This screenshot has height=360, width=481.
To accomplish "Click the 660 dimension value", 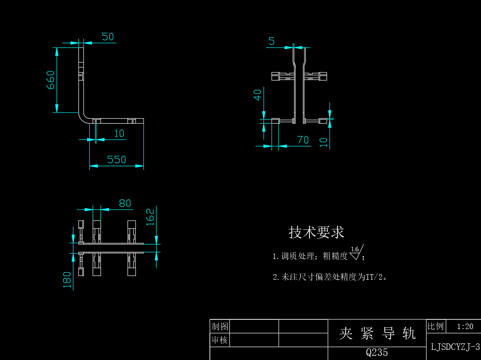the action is point(50,80).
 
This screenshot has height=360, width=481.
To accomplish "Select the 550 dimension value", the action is point(117,160).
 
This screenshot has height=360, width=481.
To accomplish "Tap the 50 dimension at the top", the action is point(107,37).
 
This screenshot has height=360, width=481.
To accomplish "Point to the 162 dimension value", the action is point(150,217).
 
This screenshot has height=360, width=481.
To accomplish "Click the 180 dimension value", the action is point(67,280).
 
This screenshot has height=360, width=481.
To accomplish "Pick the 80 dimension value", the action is point(125,203).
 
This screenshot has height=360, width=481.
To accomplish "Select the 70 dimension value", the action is point(303,140).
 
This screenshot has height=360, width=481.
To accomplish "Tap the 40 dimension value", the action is point(257,95).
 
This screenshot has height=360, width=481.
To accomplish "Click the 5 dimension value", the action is point(272,41).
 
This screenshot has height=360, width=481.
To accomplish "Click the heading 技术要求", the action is point(316,232).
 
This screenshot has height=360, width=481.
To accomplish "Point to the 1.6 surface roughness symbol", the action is point(356,252).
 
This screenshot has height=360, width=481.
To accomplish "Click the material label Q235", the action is point(377,352).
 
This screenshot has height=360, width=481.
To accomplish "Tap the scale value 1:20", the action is point(465,327).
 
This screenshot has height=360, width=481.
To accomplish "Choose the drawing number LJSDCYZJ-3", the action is point(455,347).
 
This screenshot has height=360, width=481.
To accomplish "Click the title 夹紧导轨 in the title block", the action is point(377,333).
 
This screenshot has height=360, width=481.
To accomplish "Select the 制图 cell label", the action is point(220,327).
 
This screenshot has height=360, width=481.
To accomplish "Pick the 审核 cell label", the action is point(220,340).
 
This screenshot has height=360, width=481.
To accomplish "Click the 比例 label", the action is point(436,326).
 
